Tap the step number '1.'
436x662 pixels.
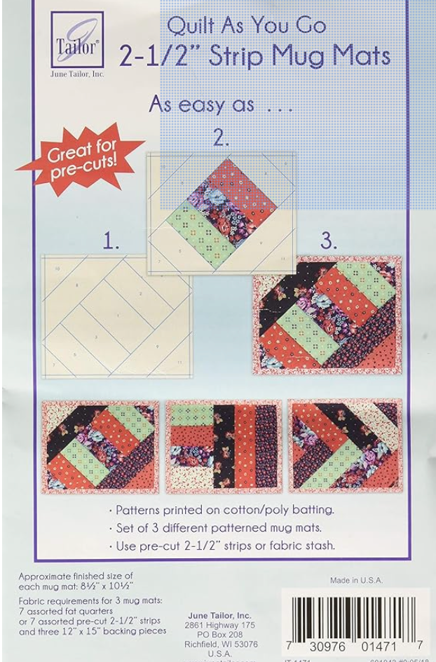point(111,243)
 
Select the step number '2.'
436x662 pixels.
point(222,137)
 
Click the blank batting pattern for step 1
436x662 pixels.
point(116,316)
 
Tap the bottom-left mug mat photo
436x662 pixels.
point(100,446)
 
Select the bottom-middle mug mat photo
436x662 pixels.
point(224,446)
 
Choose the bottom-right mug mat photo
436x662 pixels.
point(346,446)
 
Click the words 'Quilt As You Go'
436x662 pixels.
point(246,27)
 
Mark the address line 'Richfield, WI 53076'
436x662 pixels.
point(220,644)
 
